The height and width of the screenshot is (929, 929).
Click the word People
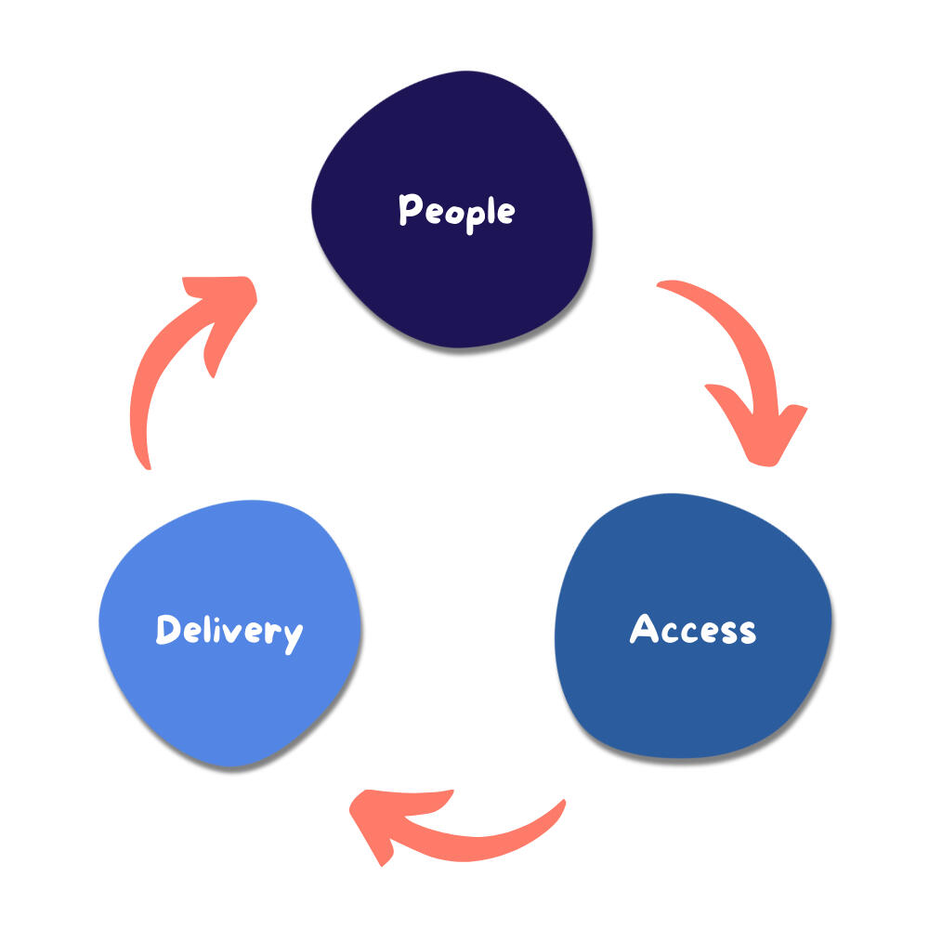click(x=456, y=212)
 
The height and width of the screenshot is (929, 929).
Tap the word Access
click(x=693, y=630)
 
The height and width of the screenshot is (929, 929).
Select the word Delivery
click(x=229, y=632)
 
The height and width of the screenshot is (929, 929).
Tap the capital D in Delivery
click(x=167, y=630)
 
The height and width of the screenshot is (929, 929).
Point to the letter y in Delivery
click(x=292, y=636)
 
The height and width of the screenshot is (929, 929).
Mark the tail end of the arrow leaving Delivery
click(x=142, y=460)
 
